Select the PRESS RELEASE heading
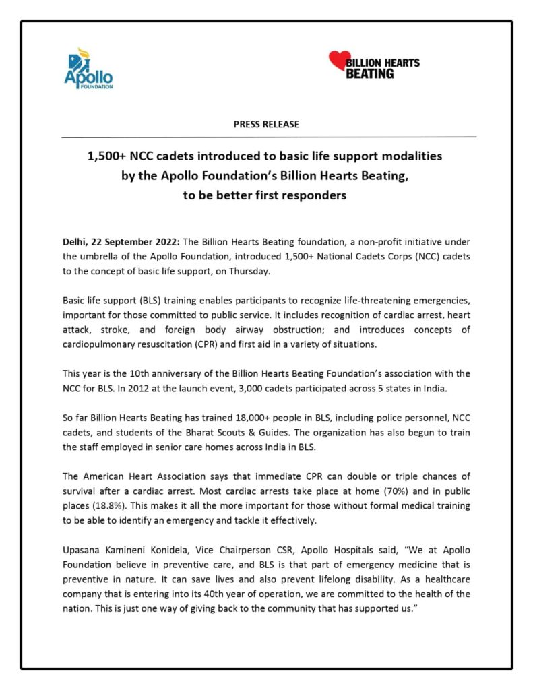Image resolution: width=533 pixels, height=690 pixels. [x=266, y=125]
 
